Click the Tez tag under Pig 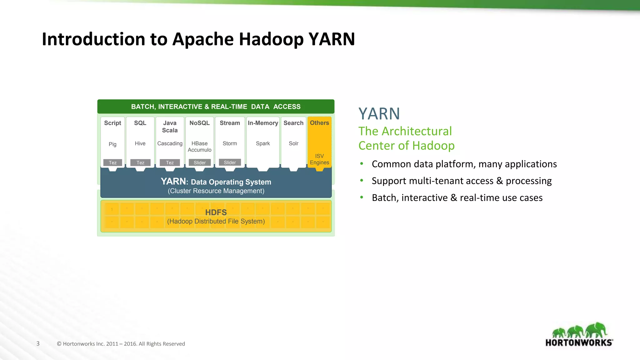pyautogui.click(x=112, y=163)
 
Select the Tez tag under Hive pyautogui.click(x=140, y=163)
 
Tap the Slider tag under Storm pyautogui.click(x=230, y=162)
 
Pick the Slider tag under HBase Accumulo pyautogui.click(x=199, y=163)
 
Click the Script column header pyautogui.click(x=112, y=123)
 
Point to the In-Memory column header pyautogui.click(x=263, y=123)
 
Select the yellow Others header pyautogui.click(x=319, y=123)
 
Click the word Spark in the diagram pyautogui.click(x=263, y=143)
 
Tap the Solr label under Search pyautogui.click(x=293, y=143)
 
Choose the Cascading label pyautogui.click(x=170, y=143)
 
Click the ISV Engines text pyautogui.click(x=319, y=159)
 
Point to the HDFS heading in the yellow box pyautogui.click(x=216, y=212)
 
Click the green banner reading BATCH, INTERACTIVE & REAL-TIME pyautogui.click(x=216, y=107)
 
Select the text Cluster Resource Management pyautogui.click(x=216, y=191)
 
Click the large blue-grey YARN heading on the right pyautogui.click(x=379, y=114)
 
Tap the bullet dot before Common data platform pyautogui.click(x=362, y=163)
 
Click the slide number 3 pyautogui.click(x=38, y=343)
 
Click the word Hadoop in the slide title pyautogui.click(x=271, y=39)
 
